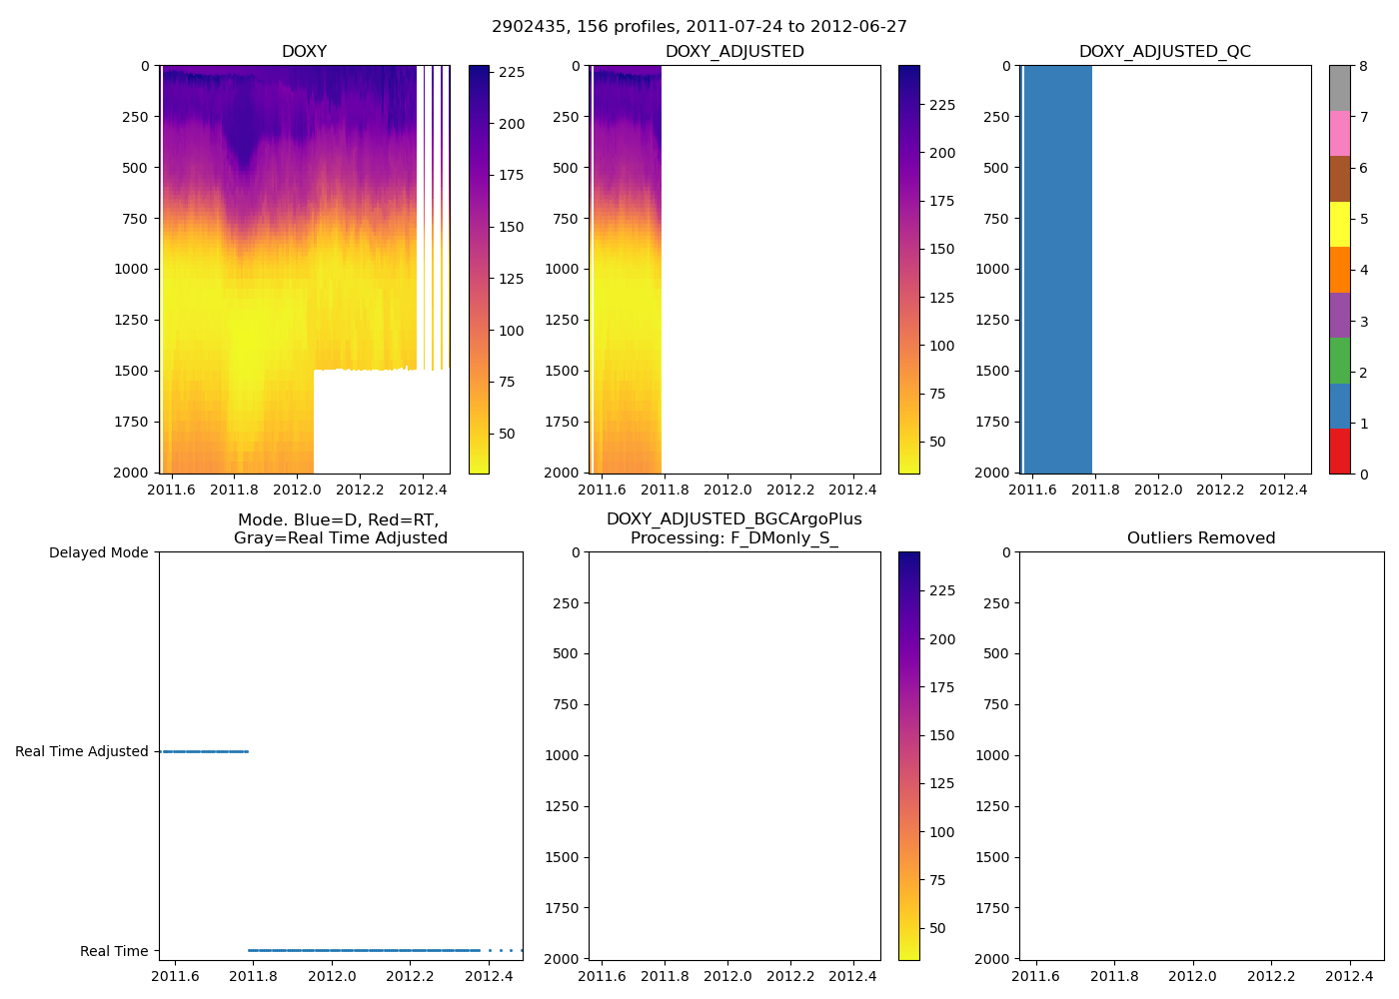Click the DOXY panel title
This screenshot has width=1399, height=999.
[304, 52]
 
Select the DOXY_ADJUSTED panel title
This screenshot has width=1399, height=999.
[734, 52]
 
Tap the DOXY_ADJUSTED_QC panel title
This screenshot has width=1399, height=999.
[1164, 52]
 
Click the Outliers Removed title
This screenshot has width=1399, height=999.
[1201, 538]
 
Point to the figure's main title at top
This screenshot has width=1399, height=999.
[699, 27]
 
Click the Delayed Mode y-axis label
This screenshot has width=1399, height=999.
[98, 552]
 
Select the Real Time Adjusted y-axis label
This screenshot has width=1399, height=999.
[81, 751]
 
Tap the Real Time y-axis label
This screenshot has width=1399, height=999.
[114, 951]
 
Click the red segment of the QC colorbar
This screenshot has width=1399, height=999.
[1339, 451]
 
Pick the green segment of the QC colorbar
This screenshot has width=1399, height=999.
[1339, 360]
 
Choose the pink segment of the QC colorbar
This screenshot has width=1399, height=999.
[1339, 133]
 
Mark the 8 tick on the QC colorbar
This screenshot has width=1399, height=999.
[1364, 66]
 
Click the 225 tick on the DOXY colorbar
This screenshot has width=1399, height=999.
[512, 72]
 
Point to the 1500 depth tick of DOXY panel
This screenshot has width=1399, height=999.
[131, 371]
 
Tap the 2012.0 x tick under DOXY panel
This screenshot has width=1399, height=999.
[297, 490]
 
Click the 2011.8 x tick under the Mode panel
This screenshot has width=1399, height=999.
[253, 976]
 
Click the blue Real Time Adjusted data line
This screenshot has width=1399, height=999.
[205, 751]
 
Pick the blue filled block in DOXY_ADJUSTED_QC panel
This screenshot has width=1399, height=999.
[1057, 270]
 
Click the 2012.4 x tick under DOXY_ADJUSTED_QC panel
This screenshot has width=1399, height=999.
[1283, 490]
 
